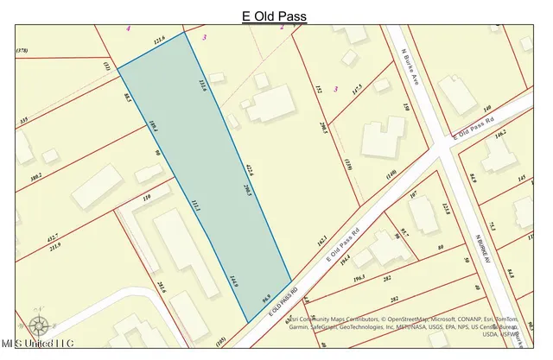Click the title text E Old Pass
(x=274, y=16)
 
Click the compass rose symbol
(x=38, y=326)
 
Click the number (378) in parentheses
(x=23, y=53)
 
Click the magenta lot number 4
(x=128, y=28)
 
